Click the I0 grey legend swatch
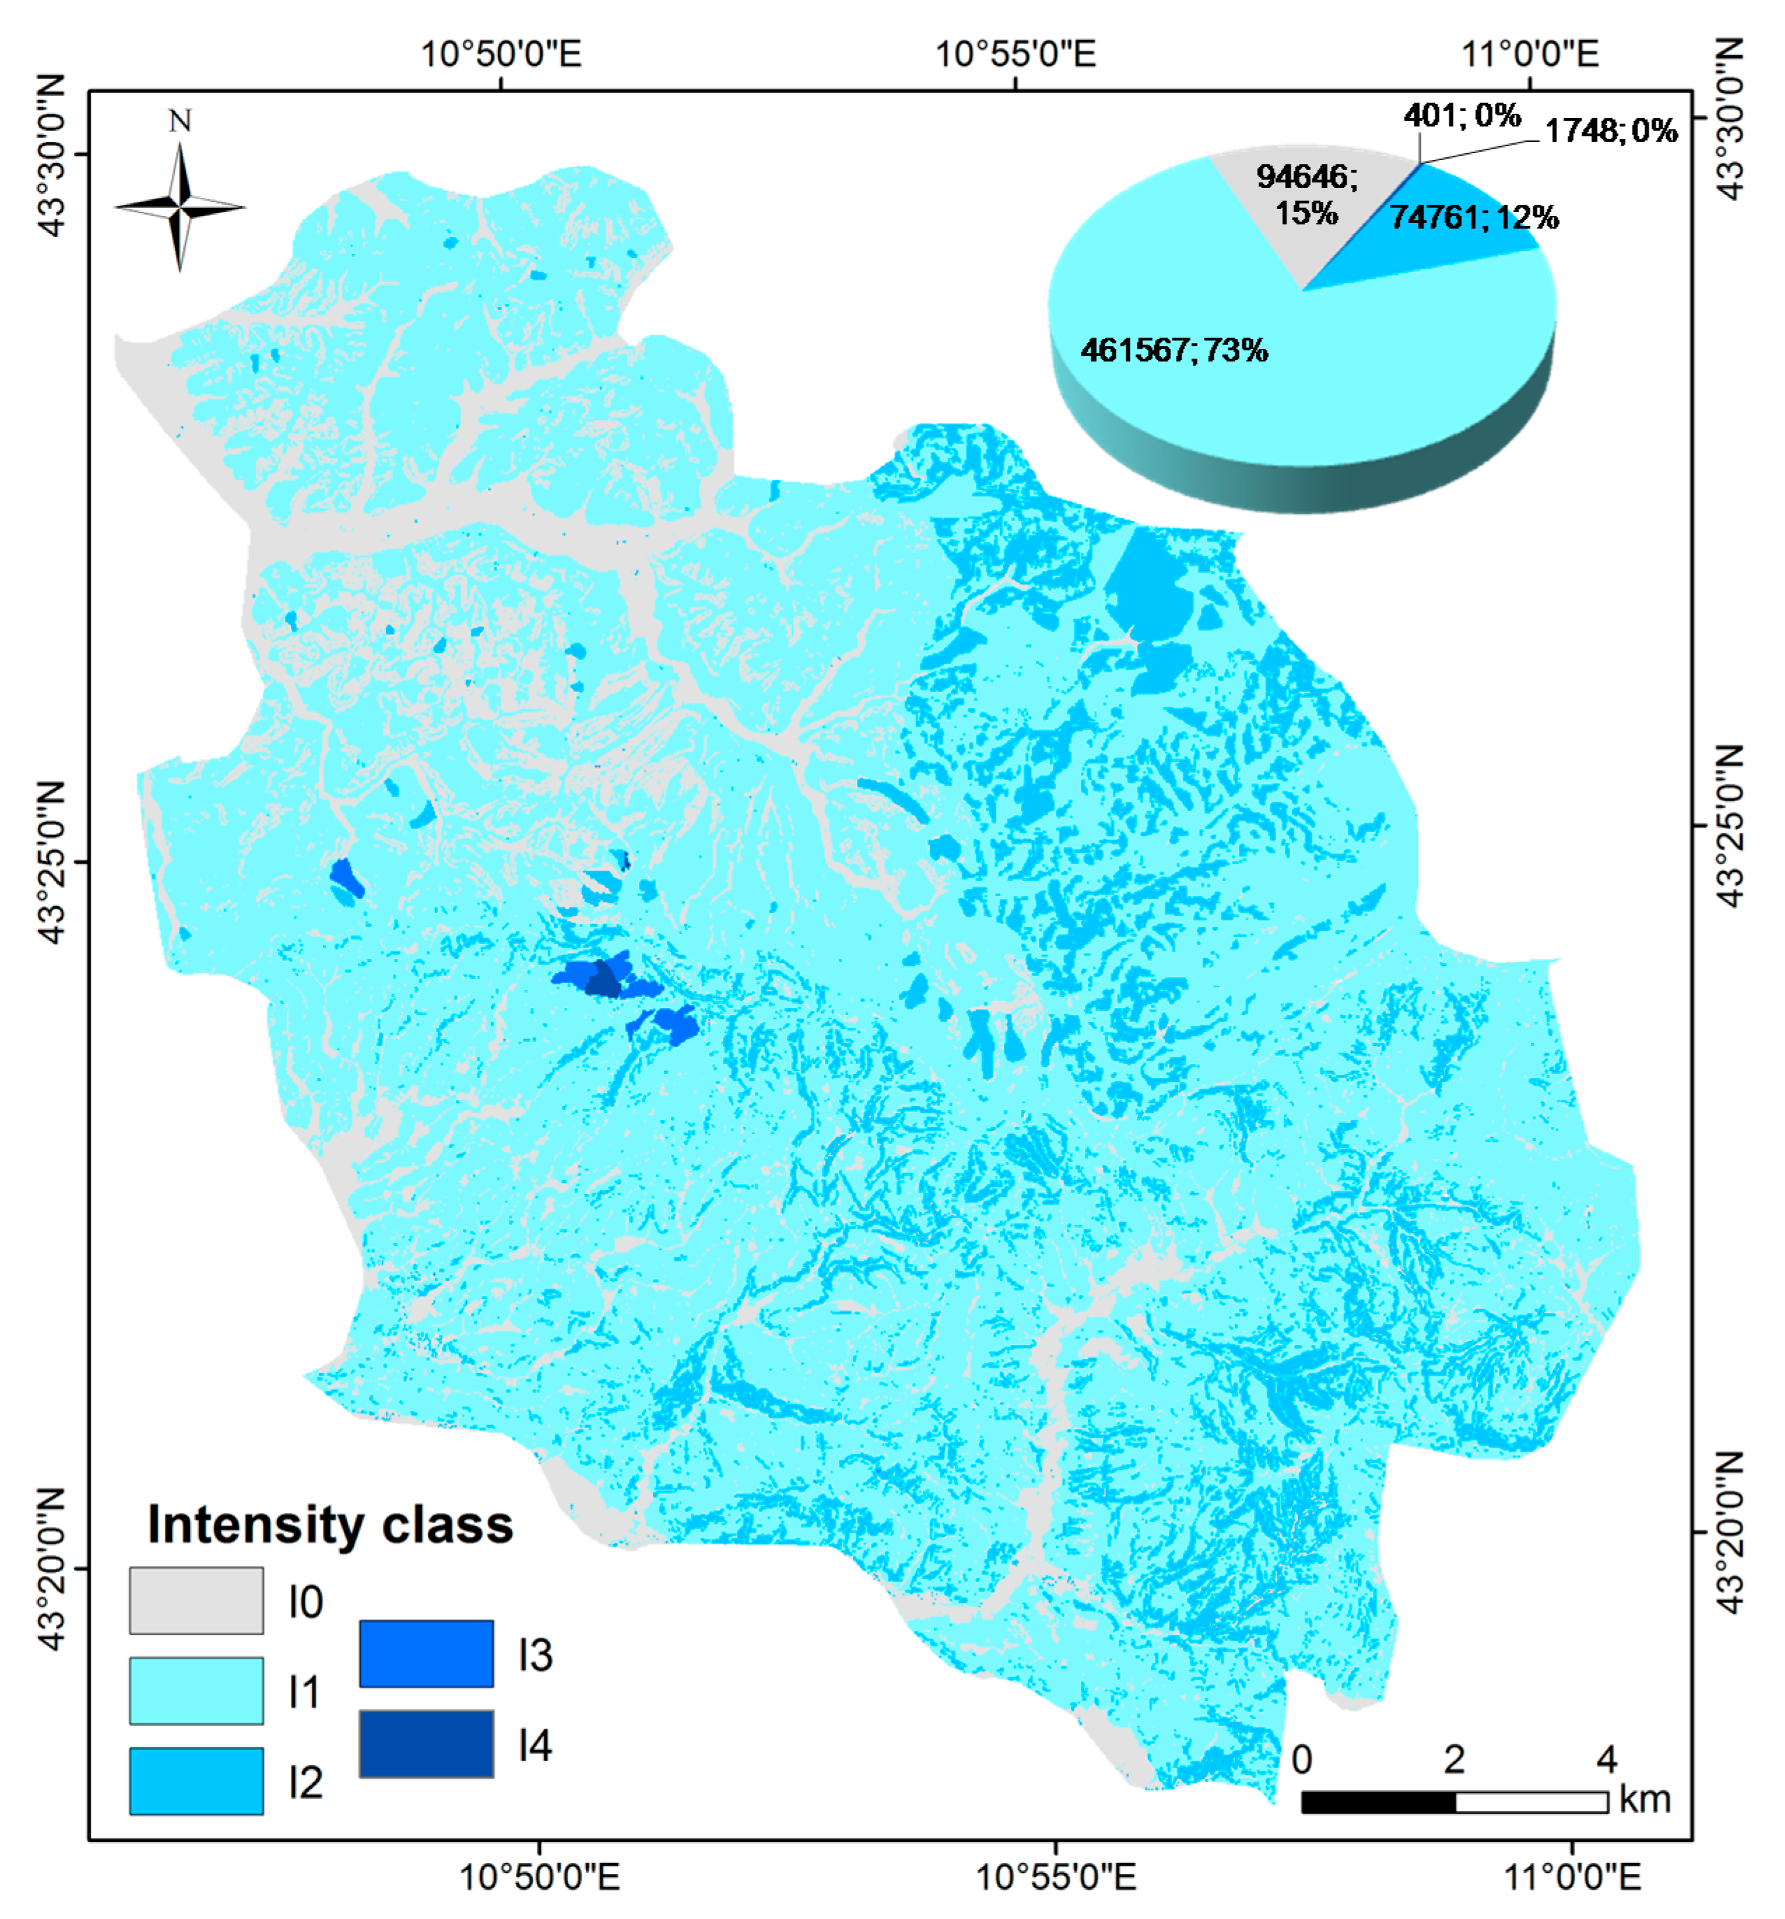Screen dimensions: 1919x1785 (x=196, y=1600)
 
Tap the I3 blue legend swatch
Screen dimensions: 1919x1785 (x=426, y=1653)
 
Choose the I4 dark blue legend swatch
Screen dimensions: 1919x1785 (x=426, y=1744)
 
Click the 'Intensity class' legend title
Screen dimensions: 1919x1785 (x=330, y=1525)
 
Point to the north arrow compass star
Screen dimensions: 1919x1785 (x=180, y=206)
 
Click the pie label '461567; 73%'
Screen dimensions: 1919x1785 (x=1174, y=350)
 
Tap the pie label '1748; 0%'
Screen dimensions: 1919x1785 (x=1610, y=131)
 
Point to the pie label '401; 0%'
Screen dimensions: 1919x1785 (x=1461, y=116)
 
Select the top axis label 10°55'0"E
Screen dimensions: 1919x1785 (x=1016, y=53)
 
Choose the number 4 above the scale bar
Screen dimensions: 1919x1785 (x=1605, y=1760)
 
